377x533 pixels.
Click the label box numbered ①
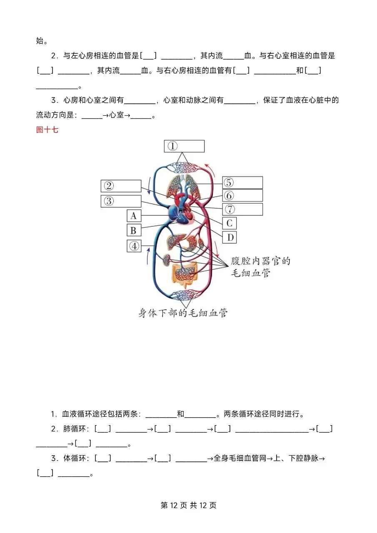coord(184,146)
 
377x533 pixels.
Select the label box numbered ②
coord(121,186)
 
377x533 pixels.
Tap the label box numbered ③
coord(121,201)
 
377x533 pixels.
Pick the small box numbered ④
coord(134,246)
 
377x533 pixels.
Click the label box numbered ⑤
coord(242,182)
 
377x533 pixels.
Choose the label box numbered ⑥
coord(242,196)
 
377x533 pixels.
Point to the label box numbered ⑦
coord(242,209)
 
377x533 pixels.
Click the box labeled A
coord(134,216)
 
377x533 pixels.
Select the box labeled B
coord(134,230)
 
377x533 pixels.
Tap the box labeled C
coord(229,223)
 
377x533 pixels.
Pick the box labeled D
coord(229,237)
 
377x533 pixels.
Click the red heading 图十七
coord(47,130)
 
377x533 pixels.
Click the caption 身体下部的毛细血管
coord(183,313)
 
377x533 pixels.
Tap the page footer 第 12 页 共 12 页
coord(188,505)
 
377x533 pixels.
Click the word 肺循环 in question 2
coord(78,429)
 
